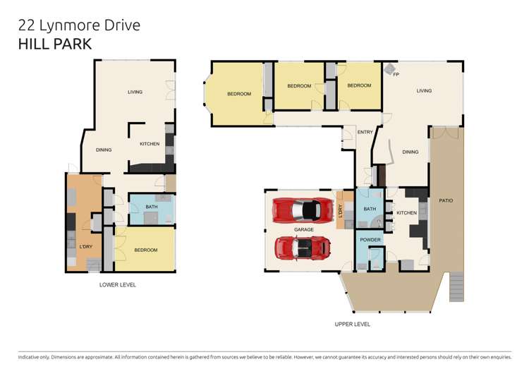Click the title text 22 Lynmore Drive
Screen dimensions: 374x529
click(x=79, y=25)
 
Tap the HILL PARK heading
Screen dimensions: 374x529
click(x=54, y=44)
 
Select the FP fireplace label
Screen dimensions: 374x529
click(x=396, y=74)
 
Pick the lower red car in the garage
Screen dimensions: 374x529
click(x=303, y=247)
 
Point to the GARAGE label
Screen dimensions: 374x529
click(x=304, y=229)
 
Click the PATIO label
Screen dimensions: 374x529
click(x=446, y=201)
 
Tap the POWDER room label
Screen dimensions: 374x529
click(x=370, y=240)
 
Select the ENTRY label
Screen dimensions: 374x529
click(x=365, y=132)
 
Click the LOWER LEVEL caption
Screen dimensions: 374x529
click(x=118, y=284)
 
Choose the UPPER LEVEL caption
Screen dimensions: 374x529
click(x=352, y=324)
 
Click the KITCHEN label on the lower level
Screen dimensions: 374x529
click(x=150, y=144)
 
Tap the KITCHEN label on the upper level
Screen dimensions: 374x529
click(x=406, y=212)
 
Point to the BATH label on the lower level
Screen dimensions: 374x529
click(x=151, y=207)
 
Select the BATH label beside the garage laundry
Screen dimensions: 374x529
click(x=370, y=209)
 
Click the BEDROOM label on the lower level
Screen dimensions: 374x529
click(x=145, y=250)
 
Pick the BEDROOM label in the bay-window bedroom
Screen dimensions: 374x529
click(x=239, y=94)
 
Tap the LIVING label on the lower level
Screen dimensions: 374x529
click(x=135, y=92)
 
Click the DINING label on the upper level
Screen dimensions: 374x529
click(x=410, y=152)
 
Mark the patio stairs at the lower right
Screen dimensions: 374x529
click(x=456, y=286)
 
